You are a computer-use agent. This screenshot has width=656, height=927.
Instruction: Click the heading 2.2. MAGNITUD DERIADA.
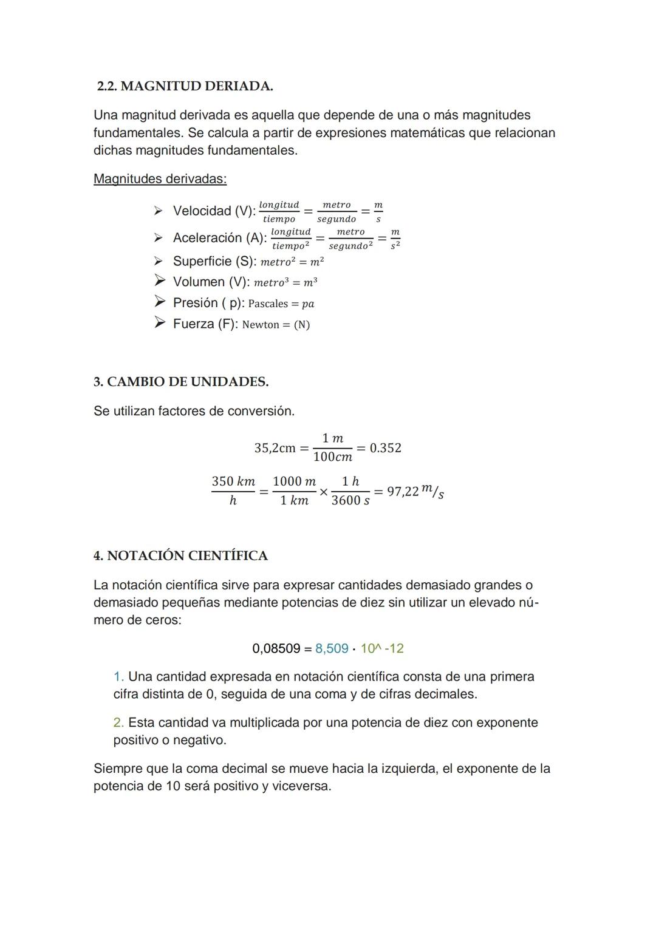click(185, 86)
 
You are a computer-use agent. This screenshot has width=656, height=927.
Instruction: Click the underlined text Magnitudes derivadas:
click(160, 179)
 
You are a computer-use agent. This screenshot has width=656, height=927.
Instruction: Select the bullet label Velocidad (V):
click(214, 211)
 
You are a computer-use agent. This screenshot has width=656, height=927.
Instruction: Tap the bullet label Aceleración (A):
click(219, 238)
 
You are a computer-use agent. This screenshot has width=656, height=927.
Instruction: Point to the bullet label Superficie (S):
click(214, 262)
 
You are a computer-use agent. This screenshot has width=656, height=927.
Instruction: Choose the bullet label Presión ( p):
click(208, 303)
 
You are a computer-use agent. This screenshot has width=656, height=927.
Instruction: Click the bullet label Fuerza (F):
click(205, 324)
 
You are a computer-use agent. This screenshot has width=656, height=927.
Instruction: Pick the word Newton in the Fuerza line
click(261, 325)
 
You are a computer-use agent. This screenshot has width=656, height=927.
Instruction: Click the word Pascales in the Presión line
click(268, 304)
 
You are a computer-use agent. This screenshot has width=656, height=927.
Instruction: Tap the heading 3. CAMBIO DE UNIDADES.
click(181, 382)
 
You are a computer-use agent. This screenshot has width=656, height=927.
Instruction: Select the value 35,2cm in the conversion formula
click(275, 448)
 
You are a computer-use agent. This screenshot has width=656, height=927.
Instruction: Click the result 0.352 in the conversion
click(386, 448)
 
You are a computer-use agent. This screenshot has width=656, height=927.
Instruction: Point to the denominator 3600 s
click(350, 501)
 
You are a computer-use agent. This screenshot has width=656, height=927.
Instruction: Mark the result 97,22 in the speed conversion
click(403, 491)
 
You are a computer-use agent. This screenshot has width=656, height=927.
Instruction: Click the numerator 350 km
click(233, 481)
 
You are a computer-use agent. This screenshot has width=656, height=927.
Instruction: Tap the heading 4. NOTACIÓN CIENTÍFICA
click(180, 556)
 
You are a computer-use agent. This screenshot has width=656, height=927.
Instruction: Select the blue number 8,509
click(332, 648)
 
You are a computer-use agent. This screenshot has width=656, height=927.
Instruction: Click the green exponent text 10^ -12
click(382, 648)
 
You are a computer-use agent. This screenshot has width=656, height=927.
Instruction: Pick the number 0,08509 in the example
click(276, 648)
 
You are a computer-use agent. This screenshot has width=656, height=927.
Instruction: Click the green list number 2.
click(118, 723)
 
